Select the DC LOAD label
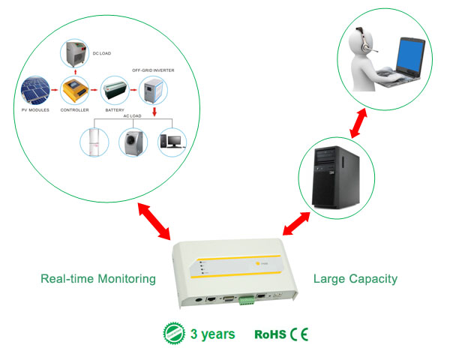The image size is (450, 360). (x=101, y=54)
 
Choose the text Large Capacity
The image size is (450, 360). (x=356, y=279)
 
